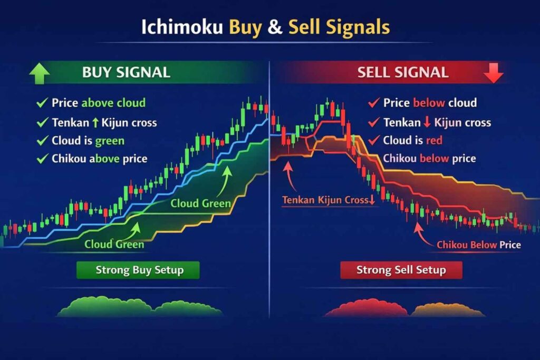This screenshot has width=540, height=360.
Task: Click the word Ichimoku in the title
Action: (x=182, y=27)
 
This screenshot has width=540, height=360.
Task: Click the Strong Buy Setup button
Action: (x=138, y=270)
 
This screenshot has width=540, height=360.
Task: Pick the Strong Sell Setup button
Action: (x=401, y=270)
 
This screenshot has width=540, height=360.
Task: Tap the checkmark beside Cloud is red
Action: (x=374, y=141)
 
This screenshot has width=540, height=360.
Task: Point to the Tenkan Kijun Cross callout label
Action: (x=327, y=200)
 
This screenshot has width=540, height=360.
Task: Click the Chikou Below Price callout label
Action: (x=479, y=245)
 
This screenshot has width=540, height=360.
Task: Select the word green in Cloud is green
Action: (x=110, y=141)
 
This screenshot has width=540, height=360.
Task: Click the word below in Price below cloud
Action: (x=429, y=103)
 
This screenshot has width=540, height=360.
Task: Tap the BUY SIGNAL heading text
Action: (x=126, y=73)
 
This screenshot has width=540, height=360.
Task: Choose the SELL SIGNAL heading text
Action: (x=403, y=73)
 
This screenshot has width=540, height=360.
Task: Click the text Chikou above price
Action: (x=99, y=159)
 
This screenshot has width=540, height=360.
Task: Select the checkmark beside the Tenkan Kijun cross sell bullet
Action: (x=374, y=122)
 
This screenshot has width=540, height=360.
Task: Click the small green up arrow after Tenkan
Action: (x=95, y=122)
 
